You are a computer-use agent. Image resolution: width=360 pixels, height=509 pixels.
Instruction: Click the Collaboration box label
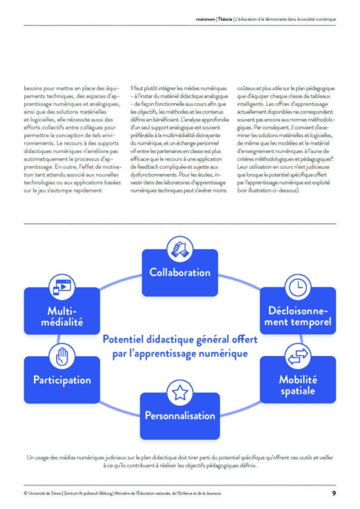[x=180, y=272]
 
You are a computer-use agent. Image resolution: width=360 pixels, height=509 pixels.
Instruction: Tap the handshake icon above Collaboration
[x=180, y=248]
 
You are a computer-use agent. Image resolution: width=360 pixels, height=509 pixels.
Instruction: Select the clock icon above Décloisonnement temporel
[x=297, y=287]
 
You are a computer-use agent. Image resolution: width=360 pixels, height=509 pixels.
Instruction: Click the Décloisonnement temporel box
[x=298, y=317]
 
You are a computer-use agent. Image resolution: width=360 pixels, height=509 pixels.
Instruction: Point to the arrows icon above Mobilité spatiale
[x=297, y=356]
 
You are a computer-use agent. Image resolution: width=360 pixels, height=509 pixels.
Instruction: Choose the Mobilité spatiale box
[x=298, y=385]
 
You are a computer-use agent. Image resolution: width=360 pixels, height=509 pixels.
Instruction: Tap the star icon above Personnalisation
[x=180, y=393]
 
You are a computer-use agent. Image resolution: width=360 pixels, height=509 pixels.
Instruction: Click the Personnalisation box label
[x=180, y=416]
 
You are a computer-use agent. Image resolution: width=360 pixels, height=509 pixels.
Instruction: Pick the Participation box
[x=62, y=381]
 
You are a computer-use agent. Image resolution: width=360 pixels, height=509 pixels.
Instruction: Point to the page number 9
[x=334, y=493]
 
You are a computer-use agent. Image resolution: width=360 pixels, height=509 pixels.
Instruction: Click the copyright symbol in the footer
[x=25, y=494]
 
